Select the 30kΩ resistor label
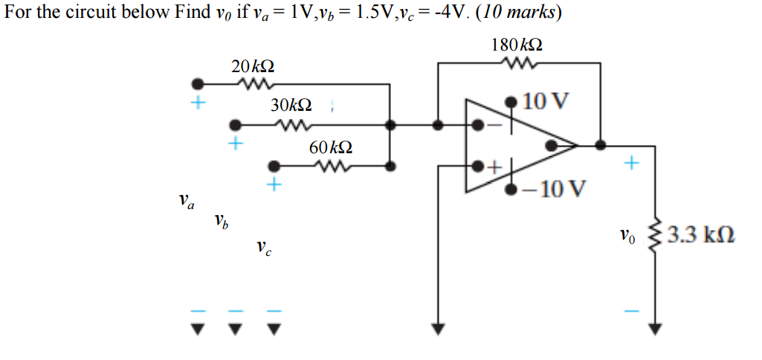click(291, 106)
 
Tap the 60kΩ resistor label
click(331, 148)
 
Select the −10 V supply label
click(554, 187)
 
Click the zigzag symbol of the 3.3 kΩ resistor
click(655, 237)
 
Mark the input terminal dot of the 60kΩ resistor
click(274, 166)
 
